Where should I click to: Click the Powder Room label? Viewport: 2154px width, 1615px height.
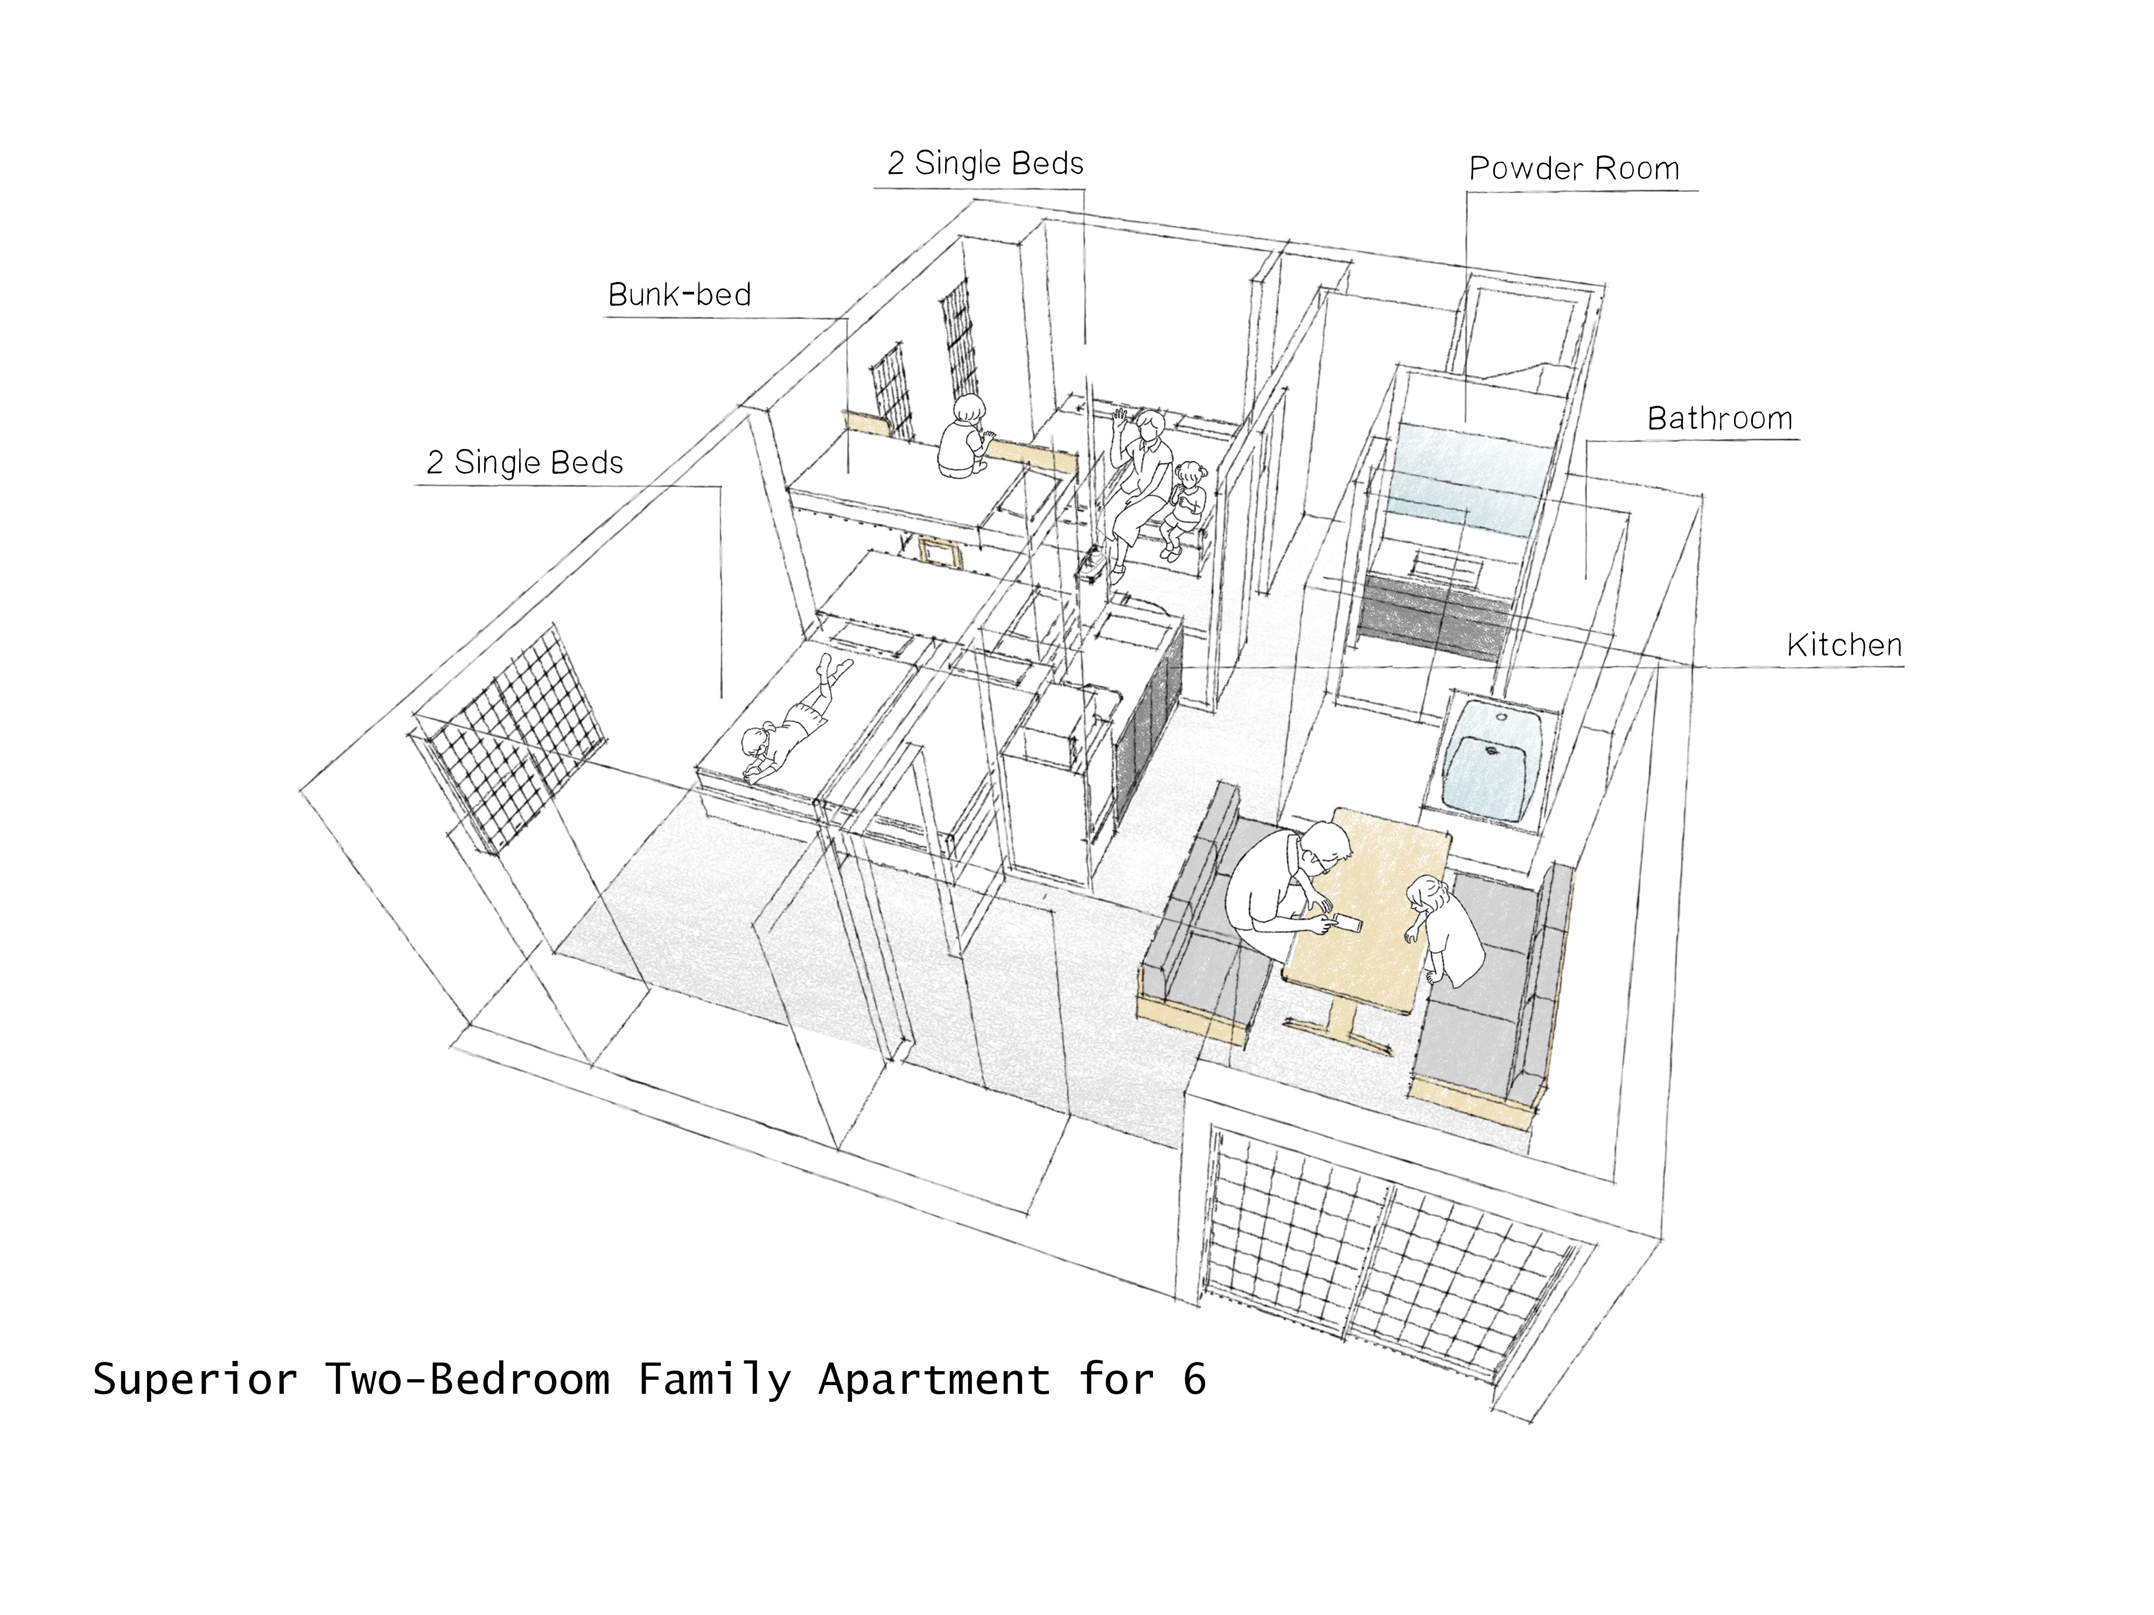point(1573,168)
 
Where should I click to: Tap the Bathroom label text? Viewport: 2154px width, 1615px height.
point(1719,419)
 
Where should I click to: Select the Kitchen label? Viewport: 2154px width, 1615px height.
point(1844,644)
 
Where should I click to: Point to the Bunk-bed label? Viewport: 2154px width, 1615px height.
point(680,294)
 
